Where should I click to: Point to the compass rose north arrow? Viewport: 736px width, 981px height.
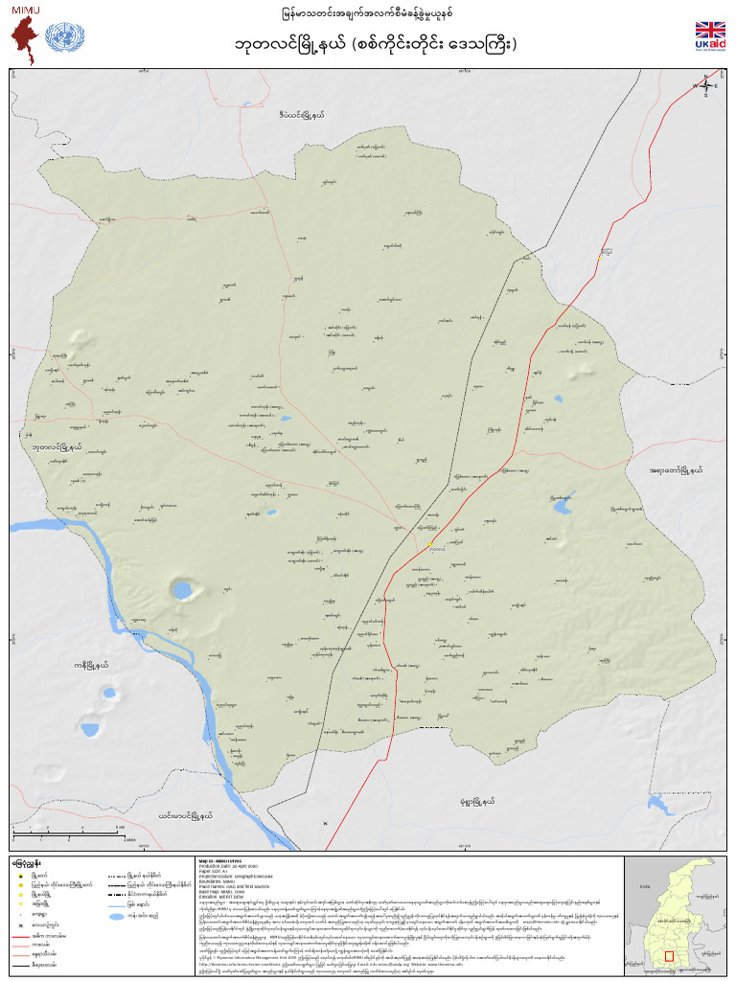pyautogui.click(x=705, y=86)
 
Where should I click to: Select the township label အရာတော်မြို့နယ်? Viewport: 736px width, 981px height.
pyautogui.click(x=676, y=470)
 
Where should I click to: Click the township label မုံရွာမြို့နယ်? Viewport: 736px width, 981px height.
pyautogui.click(x=476, y=801)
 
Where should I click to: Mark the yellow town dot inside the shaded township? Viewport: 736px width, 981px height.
pyautogui.click(x=431, y=542)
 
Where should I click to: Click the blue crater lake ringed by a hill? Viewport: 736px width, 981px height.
pyautogui.click(x=181, y=588)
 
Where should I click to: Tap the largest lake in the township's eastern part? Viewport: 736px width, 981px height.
pyautogui.click(x=558, y=504)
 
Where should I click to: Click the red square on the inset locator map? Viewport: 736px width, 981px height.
pyautogui.click(x=670, y=955)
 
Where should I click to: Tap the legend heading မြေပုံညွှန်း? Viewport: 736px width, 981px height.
pyautogui.click(x=26, y=862)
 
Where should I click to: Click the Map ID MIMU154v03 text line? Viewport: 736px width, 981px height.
pyautogui.click(x=224, y=859)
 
